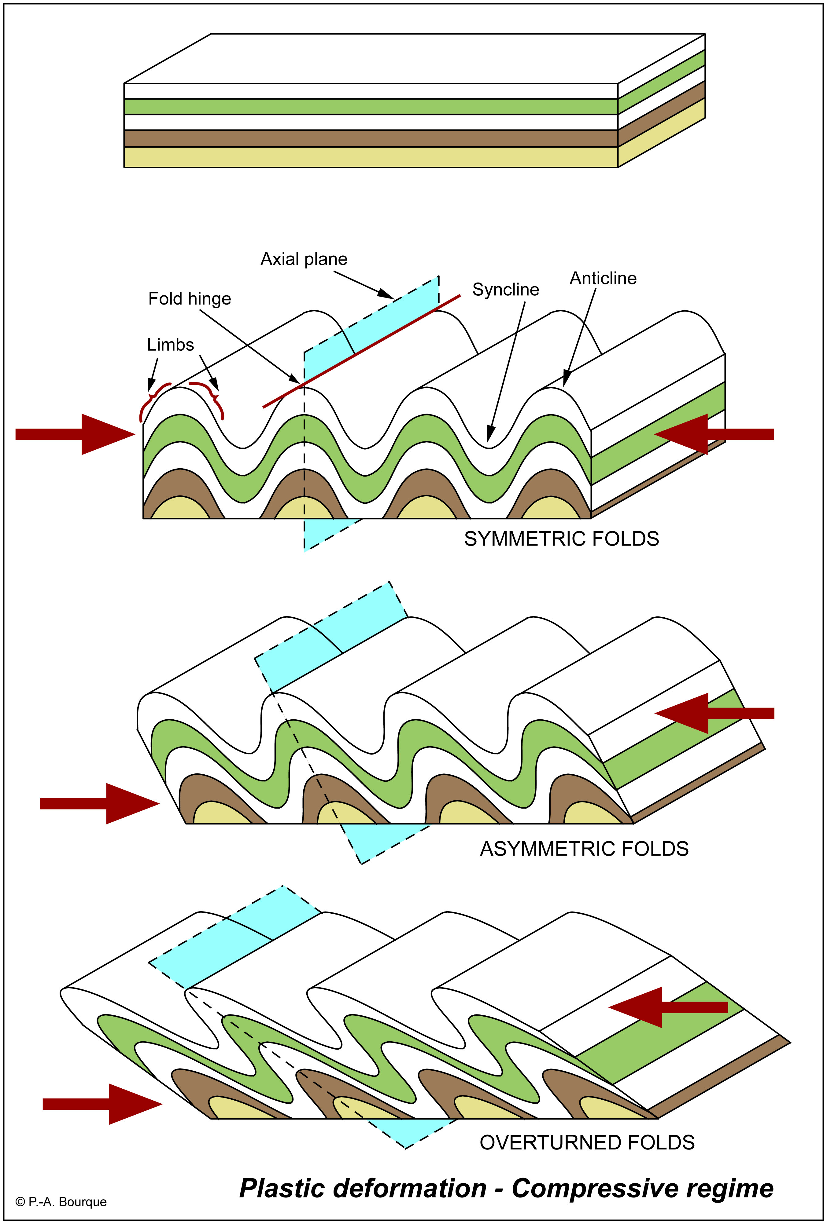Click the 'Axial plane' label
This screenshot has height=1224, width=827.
pos(304,259)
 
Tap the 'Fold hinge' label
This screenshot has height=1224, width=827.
pos(190,299)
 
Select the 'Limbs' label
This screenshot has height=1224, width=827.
pos(170,345)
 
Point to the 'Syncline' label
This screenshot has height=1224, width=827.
pos(505,290)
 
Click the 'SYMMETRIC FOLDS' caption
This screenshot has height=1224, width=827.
pos(561,539)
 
